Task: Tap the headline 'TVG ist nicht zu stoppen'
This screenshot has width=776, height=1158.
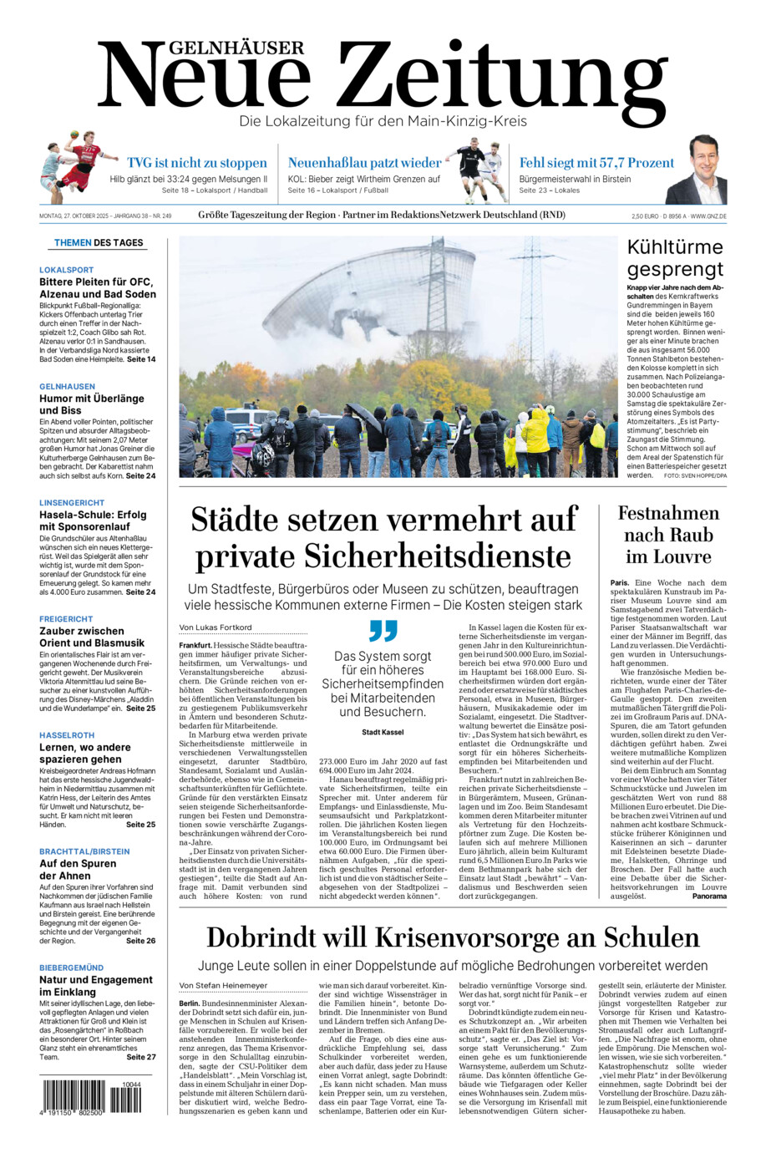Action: [197, 163]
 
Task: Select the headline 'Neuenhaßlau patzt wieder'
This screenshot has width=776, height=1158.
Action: [364, 163]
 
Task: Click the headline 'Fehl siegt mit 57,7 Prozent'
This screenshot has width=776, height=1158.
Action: [596, 163]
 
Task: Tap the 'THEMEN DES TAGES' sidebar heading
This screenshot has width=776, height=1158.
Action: [99, 243]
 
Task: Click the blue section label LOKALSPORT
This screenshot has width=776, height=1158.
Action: [67, 270]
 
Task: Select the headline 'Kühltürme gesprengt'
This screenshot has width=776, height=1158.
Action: [675, 258]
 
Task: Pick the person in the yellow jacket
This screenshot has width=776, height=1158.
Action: [535, 434]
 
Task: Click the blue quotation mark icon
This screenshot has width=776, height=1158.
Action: [383, 631]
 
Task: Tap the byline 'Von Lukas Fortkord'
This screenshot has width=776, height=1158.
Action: [216, 627]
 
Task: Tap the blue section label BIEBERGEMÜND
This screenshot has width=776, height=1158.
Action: [72, 968]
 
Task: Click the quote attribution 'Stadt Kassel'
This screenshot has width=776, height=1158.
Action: [383, 733]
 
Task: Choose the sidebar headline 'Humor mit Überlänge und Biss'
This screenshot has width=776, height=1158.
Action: [92, 404]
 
